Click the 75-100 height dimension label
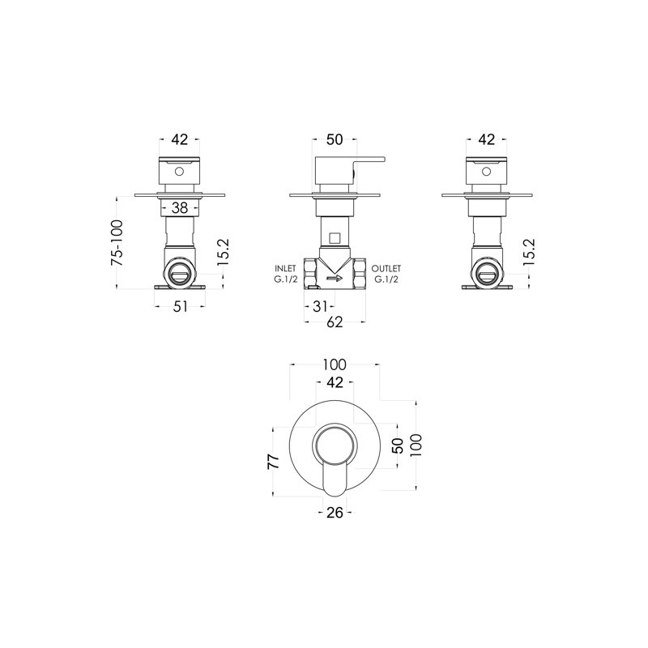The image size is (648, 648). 117,243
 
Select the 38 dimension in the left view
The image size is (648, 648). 180,208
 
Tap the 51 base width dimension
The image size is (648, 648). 180,307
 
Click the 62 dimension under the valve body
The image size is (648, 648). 335,322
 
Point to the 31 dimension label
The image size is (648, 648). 320,307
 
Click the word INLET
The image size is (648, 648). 286,269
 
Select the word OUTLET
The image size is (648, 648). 386,269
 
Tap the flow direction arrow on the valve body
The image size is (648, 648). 335,278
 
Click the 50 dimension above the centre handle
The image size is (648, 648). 335,139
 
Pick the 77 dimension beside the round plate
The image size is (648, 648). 274,462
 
